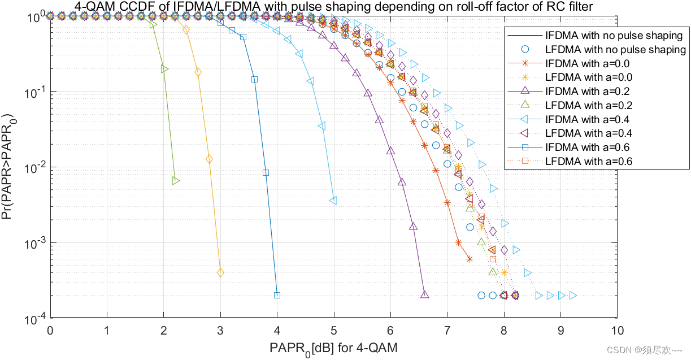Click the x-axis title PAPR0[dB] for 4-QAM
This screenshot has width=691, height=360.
(x=333, y=348)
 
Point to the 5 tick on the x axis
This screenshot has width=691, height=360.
(x=334, y=329)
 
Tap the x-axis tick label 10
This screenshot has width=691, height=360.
(x=617, y=329)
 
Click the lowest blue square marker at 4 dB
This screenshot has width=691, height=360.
(x=277, y=295)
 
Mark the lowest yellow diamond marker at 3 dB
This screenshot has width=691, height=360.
(x=220, y=272)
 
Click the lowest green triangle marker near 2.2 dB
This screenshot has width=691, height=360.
(x=176, y=181)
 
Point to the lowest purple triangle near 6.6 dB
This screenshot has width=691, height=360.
(x=424, y=294)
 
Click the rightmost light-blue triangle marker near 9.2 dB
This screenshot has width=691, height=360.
(x=573, y=295)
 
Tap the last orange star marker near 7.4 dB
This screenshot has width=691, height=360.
(x=470, y=259)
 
